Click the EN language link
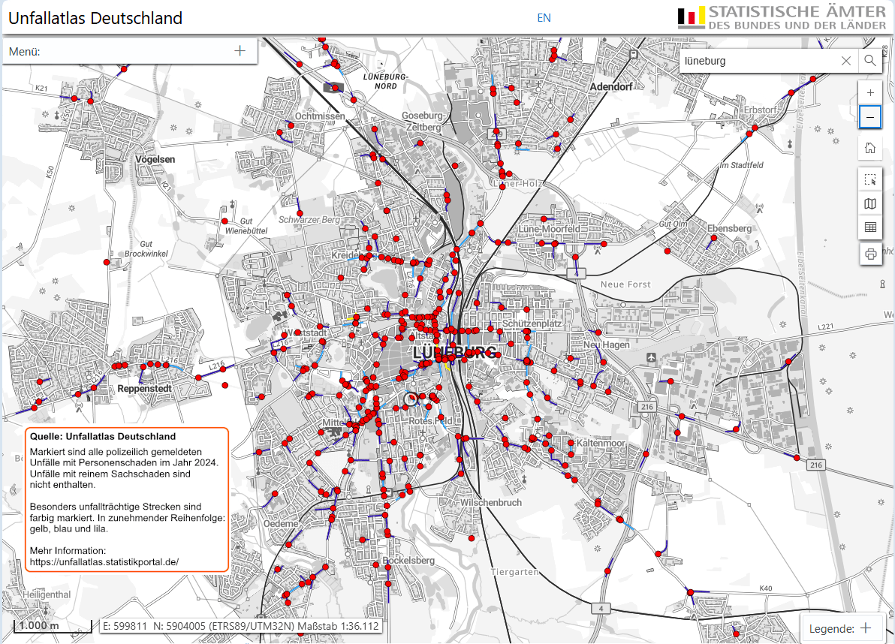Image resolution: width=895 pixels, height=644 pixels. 544,17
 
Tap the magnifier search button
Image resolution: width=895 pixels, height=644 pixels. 869,61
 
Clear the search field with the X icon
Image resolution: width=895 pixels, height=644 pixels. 846,61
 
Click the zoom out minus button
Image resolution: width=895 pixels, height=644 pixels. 870,117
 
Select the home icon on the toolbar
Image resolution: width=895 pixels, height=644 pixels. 870,147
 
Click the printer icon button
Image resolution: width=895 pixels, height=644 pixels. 870,254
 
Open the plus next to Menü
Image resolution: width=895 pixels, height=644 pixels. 240,51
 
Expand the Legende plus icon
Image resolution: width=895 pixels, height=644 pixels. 865,628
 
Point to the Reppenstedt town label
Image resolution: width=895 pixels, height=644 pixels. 145,389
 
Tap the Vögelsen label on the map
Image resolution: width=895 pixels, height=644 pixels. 155,159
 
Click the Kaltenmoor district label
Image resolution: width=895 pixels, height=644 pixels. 601,444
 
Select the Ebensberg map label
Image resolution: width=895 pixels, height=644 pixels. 729,228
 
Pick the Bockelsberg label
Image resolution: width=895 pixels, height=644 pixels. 408,560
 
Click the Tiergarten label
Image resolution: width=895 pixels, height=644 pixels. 514,571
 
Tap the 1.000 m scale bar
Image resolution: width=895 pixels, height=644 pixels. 39,626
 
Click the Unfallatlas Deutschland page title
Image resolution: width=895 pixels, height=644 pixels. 95,18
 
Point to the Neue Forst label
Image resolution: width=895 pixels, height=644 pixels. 625,284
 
